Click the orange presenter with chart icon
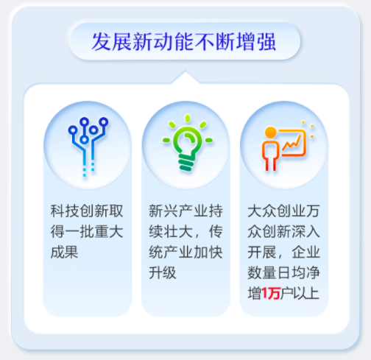(283, 144)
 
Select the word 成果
(64, 252)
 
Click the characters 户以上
(299, 295)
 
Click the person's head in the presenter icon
(270, 133)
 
